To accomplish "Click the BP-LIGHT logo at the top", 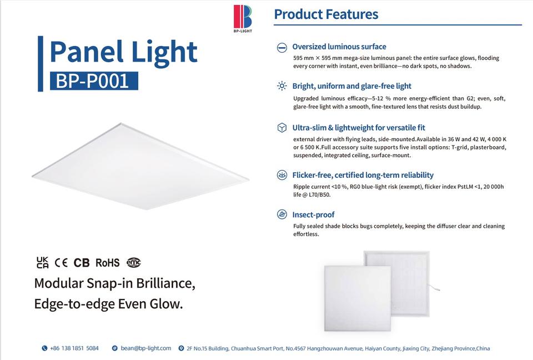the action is click(243, 18).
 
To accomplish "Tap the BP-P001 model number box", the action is click(94, 81).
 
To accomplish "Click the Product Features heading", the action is click(326, 14).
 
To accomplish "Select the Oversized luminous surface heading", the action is click(339, 47).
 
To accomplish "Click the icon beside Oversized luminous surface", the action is click(282, 48).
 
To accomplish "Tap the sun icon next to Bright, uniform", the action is click(282, 86).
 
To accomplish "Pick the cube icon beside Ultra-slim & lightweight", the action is click(282, 128).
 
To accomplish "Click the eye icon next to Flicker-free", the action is click(282, 175).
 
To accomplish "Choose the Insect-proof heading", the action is click(313, 214).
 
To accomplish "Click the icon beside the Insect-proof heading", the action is click(282, 214).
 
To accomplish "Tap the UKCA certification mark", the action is click(43, 263).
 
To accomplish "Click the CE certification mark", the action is click(61, 263).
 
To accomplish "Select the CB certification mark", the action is click(82, 263).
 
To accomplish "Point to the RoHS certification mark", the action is click(107, 263).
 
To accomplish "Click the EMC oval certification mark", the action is click(134, 262).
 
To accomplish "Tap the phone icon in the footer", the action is click(44, 348).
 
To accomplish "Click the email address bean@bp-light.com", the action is click(146, 348).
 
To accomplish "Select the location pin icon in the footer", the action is click(181, 348).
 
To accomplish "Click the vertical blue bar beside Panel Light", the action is click(41, 64).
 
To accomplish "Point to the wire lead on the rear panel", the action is click(434, 288).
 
